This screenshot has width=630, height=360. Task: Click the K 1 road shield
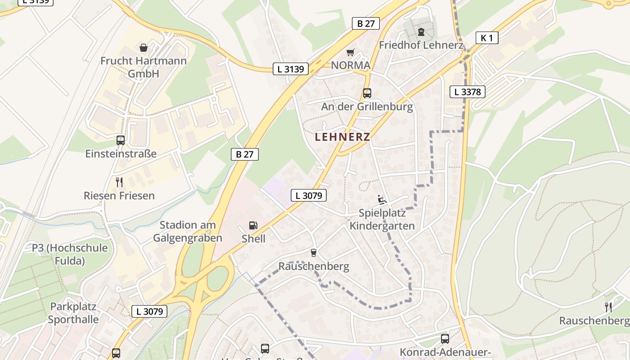[x=487, y=38]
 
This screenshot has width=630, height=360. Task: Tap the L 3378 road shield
[x=468, y=92]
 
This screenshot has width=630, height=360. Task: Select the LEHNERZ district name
[x=342, y=137]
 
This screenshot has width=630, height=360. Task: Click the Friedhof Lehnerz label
[x=421, y=45]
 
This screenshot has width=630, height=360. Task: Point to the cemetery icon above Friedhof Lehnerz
[x=421, y=32]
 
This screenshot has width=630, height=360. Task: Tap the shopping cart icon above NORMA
[x=350, y=52]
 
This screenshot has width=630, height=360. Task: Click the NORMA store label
[x=351, y=65]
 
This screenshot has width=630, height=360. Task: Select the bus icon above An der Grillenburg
[x=367, y=93]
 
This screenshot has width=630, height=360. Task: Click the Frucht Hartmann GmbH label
[x=144, y=67]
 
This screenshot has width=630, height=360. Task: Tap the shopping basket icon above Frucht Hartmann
[x=144, y=47]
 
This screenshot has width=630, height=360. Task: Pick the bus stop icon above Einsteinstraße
[x=121, y=140]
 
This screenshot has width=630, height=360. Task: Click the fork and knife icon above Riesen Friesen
[x=119, y=182]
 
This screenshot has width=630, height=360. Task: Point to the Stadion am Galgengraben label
[x=188, y=231]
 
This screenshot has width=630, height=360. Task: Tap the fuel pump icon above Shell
[x=253, y=225]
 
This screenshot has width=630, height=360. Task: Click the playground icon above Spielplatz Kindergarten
[x=382, y=199]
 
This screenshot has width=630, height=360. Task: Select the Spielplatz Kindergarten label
[x=382, y=219]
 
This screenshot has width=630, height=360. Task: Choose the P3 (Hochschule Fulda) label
[x=70, y=254]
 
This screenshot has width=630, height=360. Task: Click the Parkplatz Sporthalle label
[x=73, y=313]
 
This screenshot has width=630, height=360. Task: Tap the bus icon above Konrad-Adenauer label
[x=445, y=338]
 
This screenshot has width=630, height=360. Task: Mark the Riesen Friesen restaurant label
[x=119, y=196]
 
